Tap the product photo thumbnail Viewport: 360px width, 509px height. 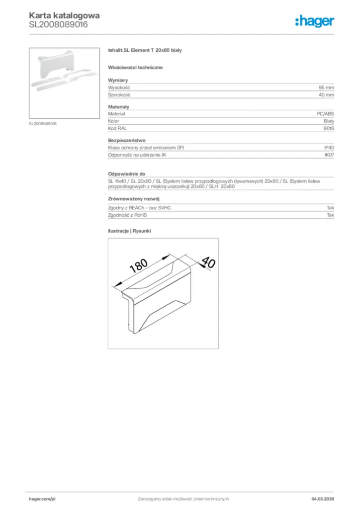(x=64, y=83)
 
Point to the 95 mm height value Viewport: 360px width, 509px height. (x=326, y=87)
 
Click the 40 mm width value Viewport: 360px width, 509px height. (x=326, y=94)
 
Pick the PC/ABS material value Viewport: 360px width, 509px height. (x=325, y=114)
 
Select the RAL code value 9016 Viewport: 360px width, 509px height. (x=328, y=128)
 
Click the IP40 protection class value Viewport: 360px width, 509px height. (x=329, y=148)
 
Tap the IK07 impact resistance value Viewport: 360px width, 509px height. (x=329, y=155)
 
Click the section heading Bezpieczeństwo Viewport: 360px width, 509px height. (x=127, y=141)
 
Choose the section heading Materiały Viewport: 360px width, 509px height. (x=119, y=107)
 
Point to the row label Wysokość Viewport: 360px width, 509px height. (x=118, y=87)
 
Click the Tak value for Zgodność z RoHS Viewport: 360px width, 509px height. (x=330, y=215)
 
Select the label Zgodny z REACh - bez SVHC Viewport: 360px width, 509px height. (x=139, y=208)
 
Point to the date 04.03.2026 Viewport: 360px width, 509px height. (x=321, y=499)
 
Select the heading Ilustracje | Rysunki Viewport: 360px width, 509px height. (x=129, y=231)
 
